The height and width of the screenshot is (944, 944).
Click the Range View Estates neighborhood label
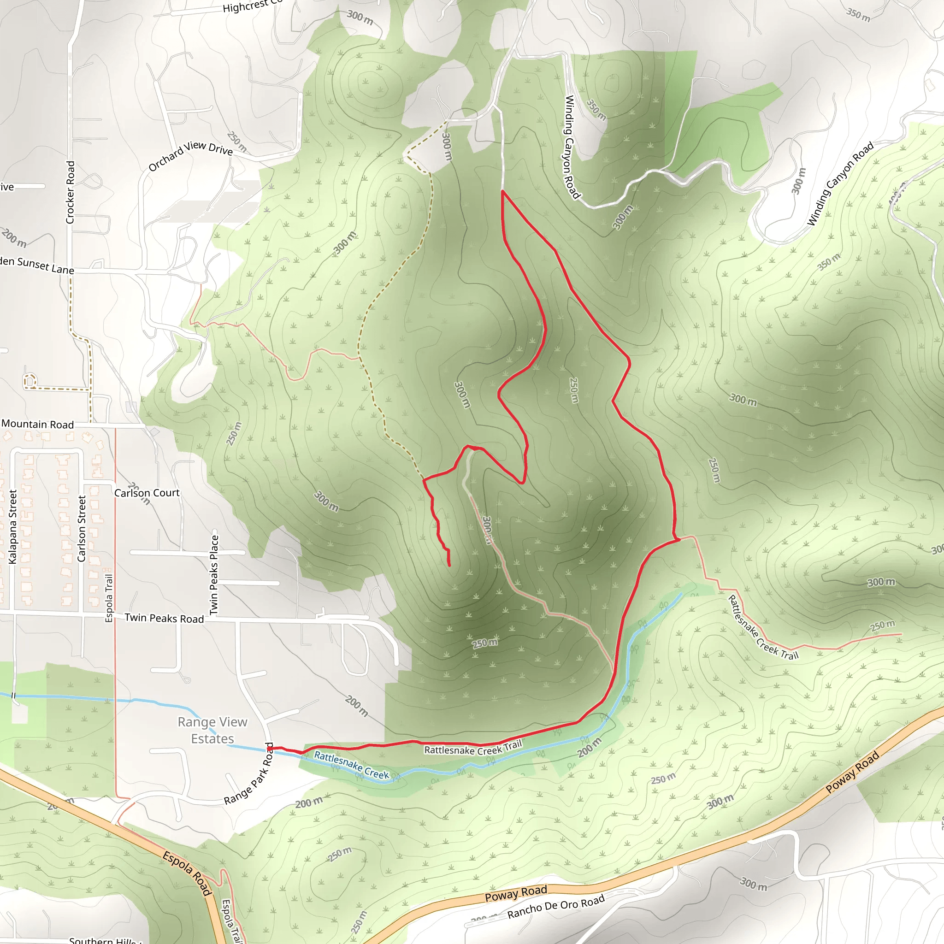[212, 730]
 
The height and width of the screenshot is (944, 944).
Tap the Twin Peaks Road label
[164, 618]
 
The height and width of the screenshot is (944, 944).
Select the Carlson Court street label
[147, 493]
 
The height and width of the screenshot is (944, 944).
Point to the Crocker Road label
[71, 193]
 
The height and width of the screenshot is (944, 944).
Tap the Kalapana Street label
[13, 527]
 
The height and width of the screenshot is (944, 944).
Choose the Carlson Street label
[82, 529]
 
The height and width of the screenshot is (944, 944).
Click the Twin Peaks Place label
[214, 575]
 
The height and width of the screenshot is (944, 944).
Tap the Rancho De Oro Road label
[555, 907]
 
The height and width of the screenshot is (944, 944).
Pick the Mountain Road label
[38, 424]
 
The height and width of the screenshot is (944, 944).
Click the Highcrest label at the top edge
[252, 6]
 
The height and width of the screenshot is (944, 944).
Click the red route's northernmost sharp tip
[502, 192]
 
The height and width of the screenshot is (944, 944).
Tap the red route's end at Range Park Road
[270, 748]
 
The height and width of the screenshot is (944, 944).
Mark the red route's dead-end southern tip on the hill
[449, 565]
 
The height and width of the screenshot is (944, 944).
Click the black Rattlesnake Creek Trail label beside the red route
[472, 748]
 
